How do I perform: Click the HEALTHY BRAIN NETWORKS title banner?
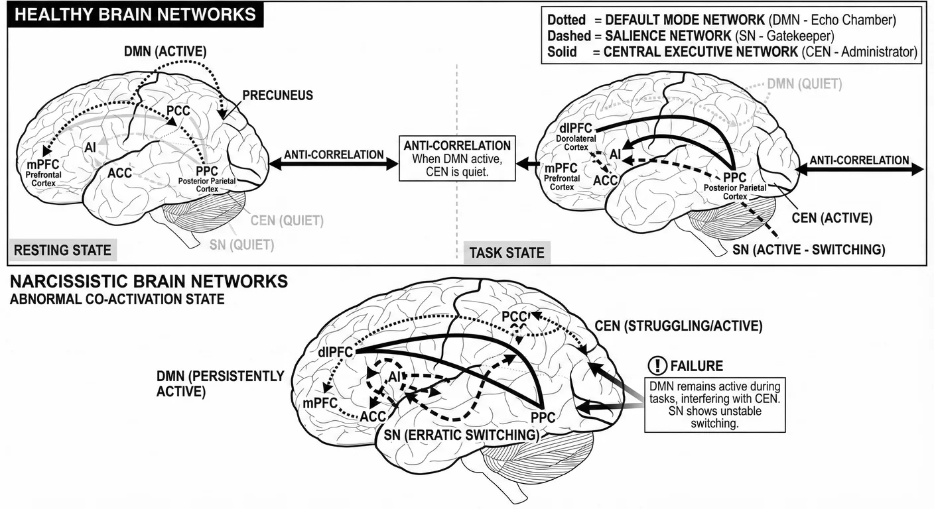pyautogui.click(x=135, y=15)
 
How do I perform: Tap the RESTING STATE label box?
pyautogui.click(x=62, y=250)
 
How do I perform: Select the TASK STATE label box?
pyautogui.click(x=507, y=252)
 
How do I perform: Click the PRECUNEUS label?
pyautogui.click(x=277, y=95)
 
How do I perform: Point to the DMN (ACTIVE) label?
pyautogui.click(x=165, y=51)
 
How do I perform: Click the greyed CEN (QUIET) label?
pyautogui.click(x=287, y=220)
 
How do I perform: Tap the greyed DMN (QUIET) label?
pyautogui.click(x=804, y=84)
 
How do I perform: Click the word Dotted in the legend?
pyautogui.click(x=567, y=21)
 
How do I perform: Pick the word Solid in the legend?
pyautogui.click(x=563, y=51)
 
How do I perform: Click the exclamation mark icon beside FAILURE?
pyautogui.click(x=658, y=366)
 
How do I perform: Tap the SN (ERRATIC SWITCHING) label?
pyautogui.click(x=462, y=435)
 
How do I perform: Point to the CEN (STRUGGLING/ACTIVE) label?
pyautogui.click(x=678, y=326)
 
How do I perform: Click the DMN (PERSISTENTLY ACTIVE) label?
pyautogui.click(x=220, y=384)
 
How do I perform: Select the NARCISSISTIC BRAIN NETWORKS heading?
pyautogui.click(x=149, y=282)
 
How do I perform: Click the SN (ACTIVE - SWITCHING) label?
pyautogui.click(x=809, y=249)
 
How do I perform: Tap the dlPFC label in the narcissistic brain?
pyautogui.click(x=335, y=353)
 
